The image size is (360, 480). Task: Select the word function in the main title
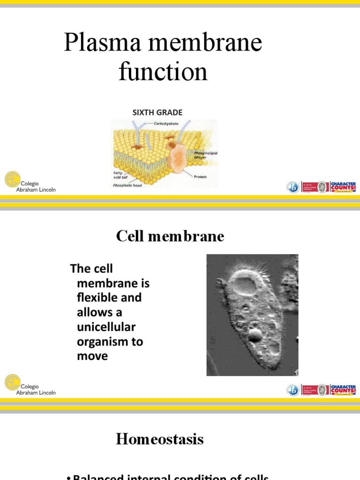(x=163, y=72)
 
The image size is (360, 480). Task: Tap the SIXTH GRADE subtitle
(x=157, y=112)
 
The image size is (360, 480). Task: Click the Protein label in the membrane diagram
(x=200, y=177)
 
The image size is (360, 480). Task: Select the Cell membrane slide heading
(x=170, y=237)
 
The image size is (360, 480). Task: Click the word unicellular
(x=106, y=327)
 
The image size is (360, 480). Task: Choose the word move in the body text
(x=92, y=356)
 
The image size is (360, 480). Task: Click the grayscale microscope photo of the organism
(x=252, y=315)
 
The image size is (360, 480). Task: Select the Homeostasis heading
(x=160, y=439)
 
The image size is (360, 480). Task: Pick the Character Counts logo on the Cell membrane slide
(x=343, y=390)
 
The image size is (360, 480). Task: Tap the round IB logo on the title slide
(x=293, y=187)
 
